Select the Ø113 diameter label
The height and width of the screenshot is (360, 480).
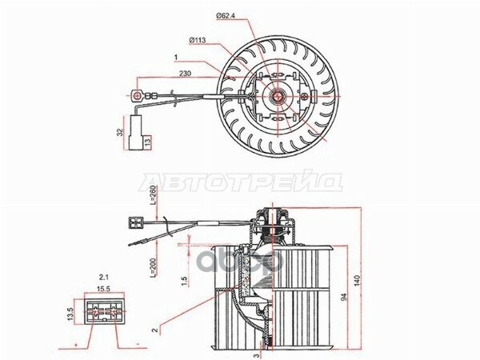(x=198, y=39)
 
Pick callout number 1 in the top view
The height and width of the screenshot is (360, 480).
(x=174, y=58)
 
